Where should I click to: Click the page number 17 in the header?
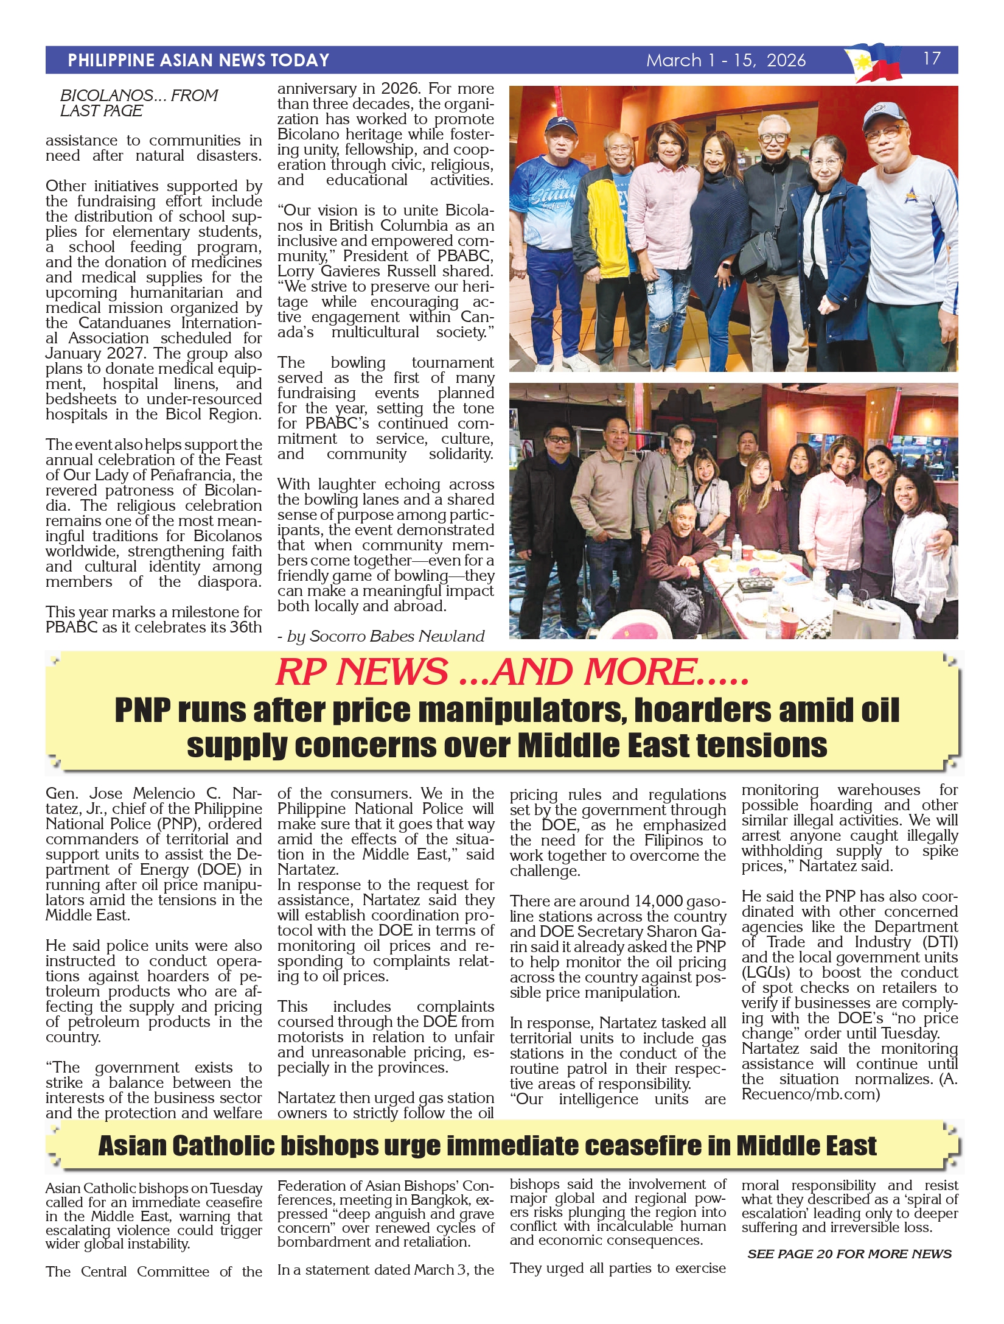coord(932,58)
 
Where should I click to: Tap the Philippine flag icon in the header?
coord(874,62)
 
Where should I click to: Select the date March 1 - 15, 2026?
coord(725,60)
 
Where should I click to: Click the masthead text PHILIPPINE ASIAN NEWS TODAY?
coord(198,60)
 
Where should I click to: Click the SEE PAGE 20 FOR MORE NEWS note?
coord(849,1254)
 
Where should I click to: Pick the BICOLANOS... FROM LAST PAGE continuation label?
coord(139,103)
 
